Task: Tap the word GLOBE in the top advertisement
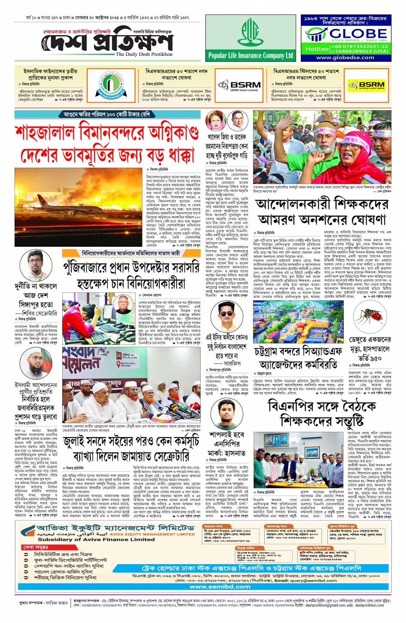coord(358,33)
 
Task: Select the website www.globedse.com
coord(345,57)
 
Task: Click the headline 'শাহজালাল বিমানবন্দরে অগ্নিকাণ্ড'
coord(107,133)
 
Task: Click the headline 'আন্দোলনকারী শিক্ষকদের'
coord(322,204)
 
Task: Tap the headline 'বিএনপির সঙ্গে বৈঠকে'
coord(322,406)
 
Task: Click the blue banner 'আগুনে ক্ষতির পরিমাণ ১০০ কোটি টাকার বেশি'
coord(107,114)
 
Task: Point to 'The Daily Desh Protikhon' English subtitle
coord(144,54)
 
